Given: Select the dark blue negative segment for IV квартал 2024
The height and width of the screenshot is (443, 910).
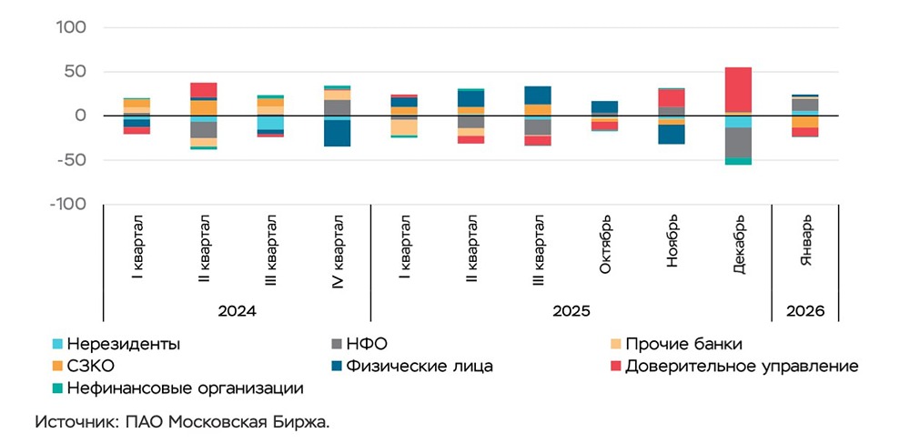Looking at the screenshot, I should [337, 133].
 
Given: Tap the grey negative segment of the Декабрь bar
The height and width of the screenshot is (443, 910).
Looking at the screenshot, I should [738, 142].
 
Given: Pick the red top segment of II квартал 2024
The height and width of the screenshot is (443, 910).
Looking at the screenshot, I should [204, 89].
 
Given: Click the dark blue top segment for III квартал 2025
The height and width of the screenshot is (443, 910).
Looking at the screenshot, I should [538, 95].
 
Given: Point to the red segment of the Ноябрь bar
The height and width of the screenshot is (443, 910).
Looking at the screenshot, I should [672, 97].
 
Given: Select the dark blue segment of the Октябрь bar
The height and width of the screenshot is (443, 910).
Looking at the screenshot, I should [604, 106].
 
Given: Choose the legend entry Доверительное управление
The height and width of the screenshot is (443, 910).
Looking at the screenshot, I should [741, 367].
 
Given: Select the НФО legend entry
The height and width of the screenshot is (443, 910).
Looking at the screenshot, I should [368, 344].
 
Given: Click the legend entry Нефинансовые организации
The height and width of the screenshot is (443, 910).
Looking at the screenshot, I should [178, 388].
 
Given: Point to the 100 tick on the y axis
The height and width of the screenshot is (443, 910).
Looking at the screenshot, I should [73, 27].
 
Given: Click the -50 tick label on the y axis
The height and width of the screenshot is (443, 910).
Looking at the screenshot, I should [70, 160].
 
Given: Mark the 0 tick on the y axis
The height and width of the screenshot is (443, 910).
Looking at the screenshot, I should [80, 116].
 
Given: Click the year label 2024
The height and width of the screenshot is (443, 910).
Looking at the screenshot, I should [237, 311].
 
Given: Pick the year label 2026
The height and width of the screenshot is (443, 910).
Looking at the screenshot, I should [805, 311].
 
